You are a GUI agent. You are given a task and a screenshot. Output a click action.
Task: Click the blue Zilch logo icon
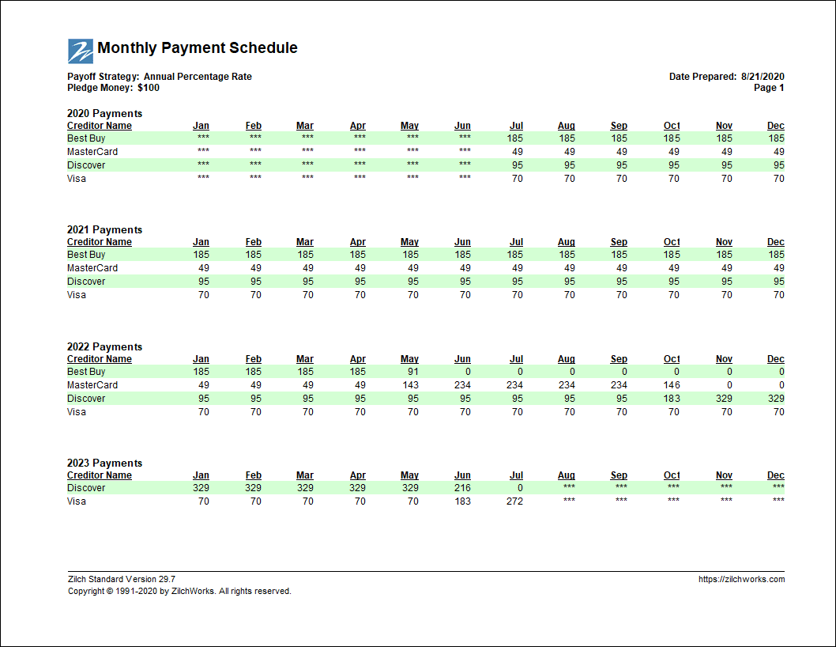pyautogui.click(x=81, y=51)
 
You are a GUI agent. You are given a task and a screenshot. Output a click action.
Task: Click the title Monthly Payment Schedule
pyautogui.click(x=198, y=48)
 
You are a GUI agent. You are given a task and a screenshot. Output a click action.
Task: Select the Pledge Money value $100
pyautogui.click(x=149, y=88)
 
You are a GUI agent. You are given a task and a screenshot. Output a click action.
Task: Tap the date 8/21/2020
pyautogui.click(x=763, y=77)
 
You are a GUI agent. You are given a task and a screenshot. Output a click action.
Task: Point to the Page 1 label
pyautogui.click(x=769, y=88)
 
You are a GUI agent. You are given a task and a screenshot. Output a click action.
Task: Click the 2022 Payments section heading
pyautogui.click(x=104, y=347)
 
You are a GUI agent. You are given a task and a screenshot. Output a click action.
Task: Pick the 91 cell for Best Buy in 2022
pyautogui.click(x=412, y=372)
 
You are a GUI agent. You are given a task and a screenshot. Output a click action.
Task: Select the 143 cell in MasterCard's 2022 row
pyautogui.click(x=411, y=385)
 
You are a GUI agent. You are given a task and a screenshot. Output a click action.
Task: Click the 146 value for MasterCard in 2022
pyautogui.click(x=672, y=385)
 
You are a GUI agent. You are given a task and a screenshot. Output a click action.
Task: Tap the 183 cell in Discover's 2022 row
pyautogui.click(x=672, y=398)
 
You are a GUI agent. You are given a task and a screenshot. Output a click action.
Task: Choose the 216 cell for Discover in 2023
pyautogui.click(x=462, y=488)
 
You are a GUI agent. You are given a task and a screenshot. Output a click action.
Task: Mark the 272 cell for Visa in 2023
pyautogui.click(x=514, y=501)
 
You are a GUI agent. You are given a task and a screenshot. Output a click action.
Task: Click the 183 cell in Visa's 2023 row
pyautogui.click(x=462, y=501)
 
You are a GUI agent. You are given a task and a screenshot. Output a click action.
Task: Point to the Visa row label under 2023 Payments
pyautogui.click(x=76, y=501)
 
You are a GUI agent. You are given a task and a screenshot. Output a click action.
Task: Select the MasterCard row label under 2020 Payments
pyautogui.click(x=92, y=152)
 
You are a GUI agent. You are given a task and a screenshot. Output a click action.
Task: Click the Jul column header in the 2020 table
pyautogui.click(x=516, y=126)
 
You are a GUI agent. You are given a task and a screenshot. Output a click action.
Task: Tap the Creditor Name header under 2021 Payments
pyautogui.click(x=100, y=242)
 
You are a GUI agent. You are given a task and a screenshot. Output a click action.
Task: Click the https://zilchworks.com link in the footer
pyautogui.click(x=742, y=579)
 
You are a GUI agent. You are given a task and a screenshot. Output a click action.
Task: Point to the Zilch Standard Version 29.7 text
pyautogui.click(x=122, y=579)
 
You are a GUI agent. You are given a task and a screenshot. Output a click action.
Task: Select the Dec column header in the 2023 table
pyautogui.click(x=776, y=475)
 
